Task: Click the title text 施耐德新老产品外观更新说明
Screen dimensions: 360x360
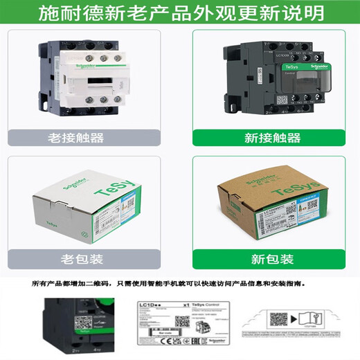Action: click(x=180, y=13)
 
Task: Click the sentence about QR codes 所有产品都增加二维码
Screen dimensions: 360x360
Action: click(x=180, y=284)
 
